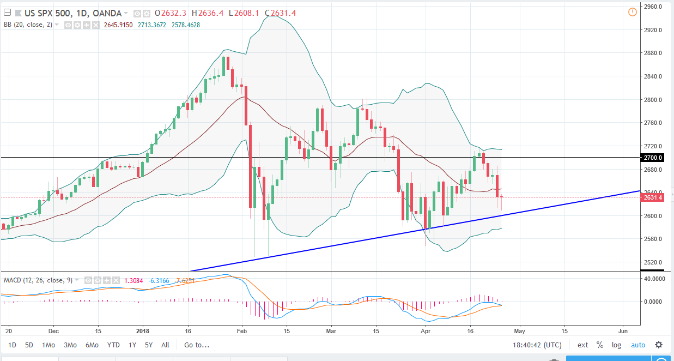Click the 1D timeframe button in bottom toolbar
(x=12, y=345)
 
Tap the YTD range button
(x=113, y=345)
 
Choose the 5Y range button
(x=148, y=345)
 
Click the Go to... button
(x=196, y=345)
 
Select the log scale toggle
(x=616, y=345)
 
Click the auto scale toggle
(x=637, y=345)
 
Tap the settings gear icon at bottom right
(x=659, y=345)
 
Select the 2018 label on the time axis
(x=143, y=330)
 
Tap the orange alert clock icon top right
(x=632, y=12)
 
